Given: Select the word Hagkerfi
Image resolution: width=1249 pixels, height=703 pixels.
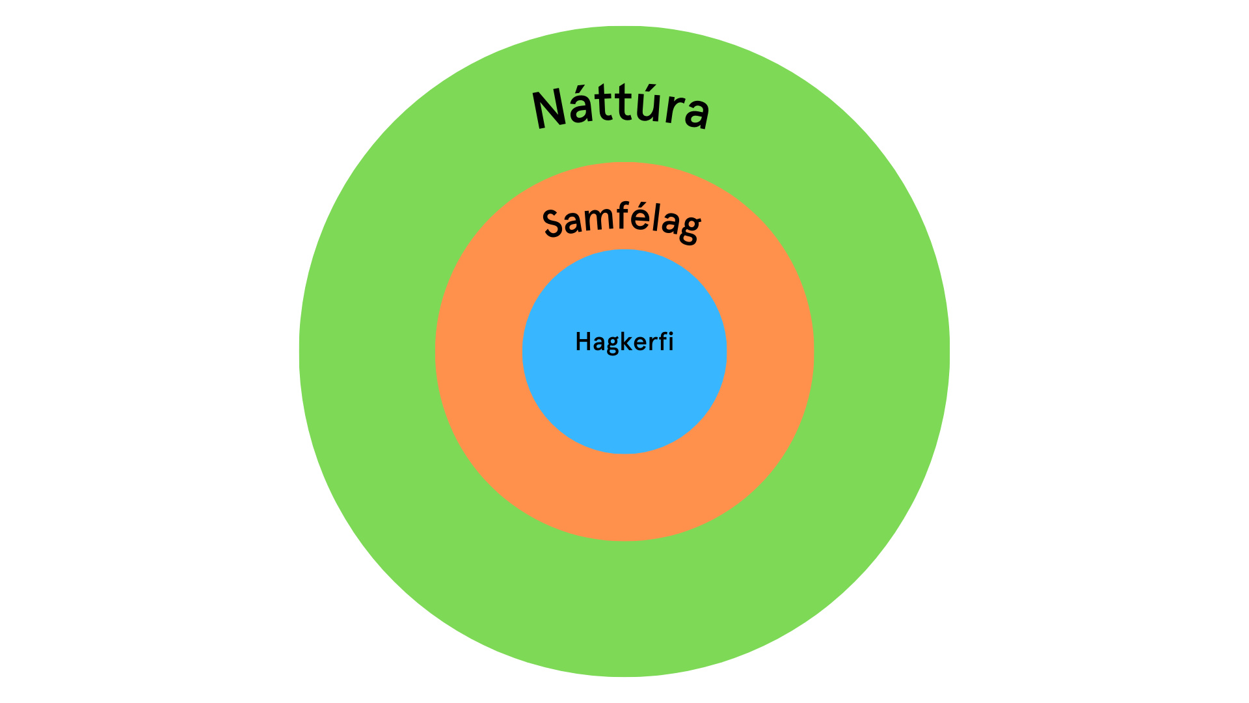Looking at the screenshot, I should coord(624,342).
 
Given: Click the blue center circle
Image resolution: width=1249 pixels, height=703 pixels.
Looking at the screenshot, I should coord(624,397).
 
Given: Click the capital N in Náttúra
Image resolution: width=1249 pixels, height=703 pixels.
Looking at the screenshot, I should coord(549,109).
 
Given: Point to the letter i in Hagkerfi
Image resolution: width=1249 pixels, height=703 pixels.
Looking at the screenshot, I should coord(671,341).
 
